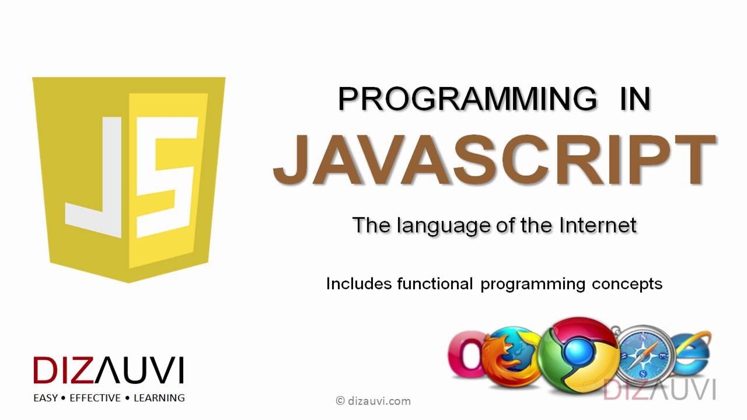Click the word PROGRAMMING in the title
coord(467,99)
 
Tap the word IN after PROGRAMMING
coord(634,99)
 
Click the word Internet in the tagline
coord(597,225)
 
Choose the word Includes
coord(358,284)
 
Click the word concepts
coord(627,284)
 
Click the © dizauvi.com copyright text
coord(373,401)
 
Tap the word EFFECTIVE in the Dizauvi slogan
coord(95,398)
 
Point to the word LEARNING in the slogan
coord(159,398)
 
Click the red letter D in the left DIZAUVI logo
coord(45,370)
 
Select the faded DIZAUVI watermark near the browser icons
coord(659,389)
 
